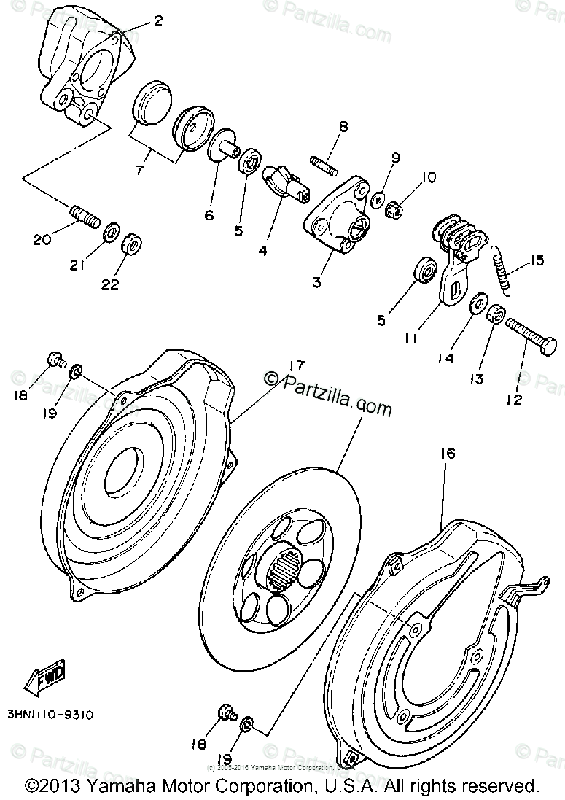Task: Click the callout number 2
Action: tap(157, 20)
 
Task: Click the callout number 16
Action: tap(447, 454)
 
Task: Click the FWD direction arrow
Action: tap(45, 676)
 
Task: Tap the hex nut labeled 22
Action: tap(130, 243)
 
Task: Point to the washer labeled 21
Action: tap(112, 232)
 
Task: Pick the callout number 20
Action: tap(42, 238)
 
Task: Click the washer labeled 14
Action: tap(478, 302)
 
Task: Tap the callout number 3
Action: tap(316, 281)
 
